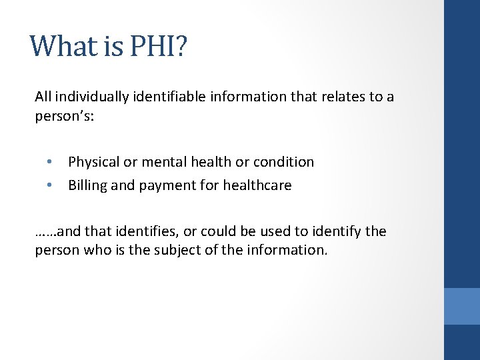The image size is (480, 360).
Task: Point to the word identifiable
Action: coord(167,97)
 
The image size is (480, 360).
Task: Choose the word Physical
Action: coord(93,162)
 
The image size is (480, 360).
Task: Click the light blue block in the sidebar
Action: coord(462,306)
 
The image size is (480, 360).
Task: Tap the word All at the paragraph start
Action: coord(43,97)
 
